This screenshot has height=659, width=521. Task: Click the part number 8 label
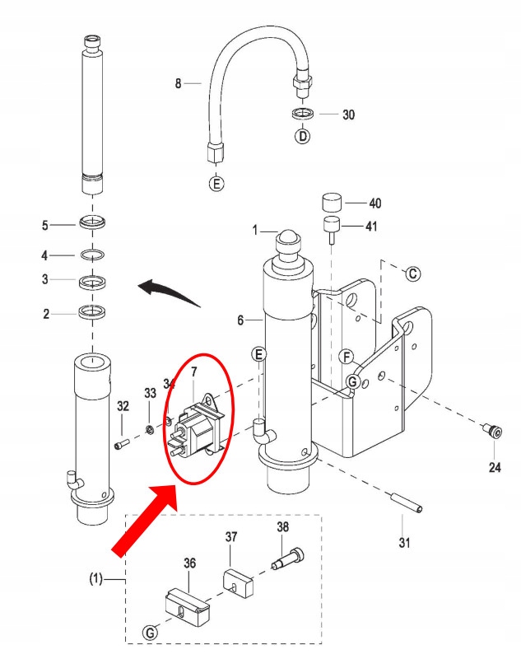coord(177,82)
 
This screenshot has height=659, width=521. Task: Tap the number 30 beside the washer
coord(348,115)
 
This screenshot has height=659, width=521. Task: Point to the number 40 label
coord(374,203)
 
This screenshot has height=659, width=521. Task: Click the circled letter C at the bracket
coord(414,273)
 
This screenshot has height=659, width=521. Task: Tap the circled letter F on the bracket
coord(347,357)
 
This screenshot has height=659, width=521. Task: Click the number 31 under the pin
coord(403,543)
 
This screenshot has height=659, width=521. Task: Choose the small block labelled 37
coord(237,580)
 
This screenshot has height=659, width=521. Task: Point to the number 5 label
coord(45,225)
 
